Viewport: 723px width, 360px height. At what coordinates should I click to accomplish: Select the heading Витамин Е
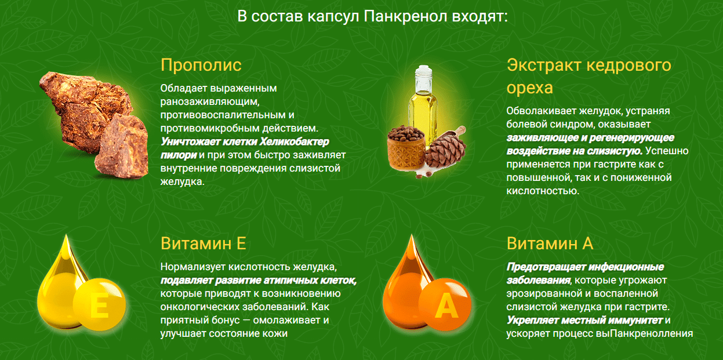[x=204, y=243]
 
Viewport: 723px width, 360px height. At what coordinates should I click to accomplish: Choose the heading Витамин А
[x=550, y=243]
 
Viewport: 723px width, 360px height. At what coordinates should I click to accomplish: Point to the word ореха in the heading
[x=530, y=88]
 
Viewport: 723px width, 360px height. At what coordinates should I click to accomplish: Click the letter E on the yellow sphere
[x=99, y=306]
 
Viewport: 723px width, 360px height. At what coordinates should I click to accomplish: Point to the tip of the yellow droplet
[x=66, y=235]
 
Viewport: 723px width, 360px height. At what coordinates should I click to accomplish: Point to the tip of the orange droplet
[x=411, y=235]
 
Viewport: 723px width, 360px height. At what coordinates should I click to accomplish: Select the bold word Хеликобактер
[x=294, y=141]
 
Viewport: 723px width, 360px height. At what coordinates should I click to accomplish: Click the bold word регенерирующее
[x=631, y=138]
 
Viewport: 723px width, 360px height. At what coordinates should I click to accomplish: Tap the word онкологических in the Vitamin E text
[x=204, y=307]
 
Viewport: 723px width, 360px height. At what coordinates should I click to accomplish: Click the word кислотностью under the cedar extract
[x=543, y=191]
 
